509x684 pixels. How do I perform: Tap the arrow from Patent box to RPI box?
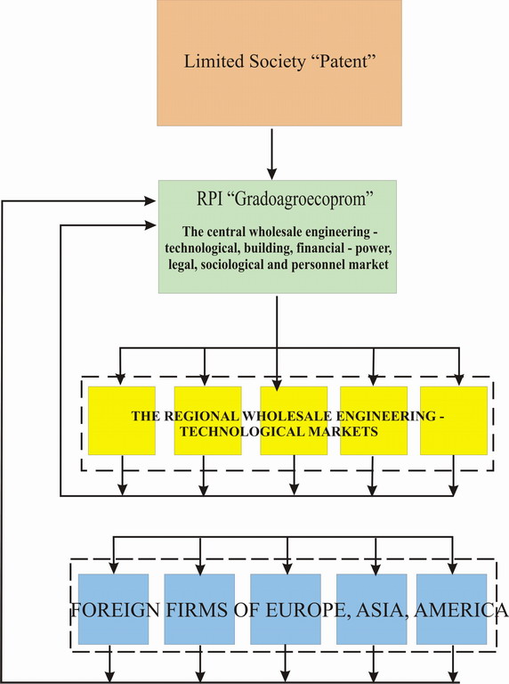tap(272, 154)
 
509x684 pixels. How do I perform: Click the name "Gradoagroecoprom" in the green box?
tap(304, 199)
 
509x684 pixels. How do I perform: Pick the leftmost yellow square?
tap(122, 420)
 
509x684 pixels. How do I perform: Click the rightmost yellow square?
tap(454, 420)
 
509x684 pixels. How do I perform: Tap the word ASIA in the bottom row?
tap(382, 610)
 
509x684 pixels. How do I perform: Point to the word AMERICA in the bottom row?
tap(461, 609)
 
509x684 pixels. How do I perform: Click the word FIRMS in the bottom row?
tap(197, 609)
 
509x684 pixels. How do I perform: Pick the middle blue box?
tap(286, 609)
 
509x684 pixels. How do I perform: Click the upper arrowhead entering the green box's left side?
tap(150, 200)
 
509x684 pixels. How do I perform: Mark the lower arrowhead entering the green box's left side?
tap(150, 225)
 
